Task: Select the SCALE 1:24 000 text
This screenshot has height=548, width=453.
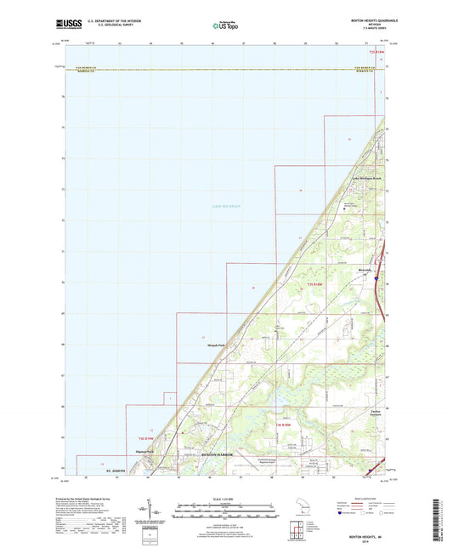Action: [x=226, y=499]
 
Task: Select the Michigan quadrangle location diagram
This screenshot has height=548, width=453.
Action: [x=305, y=508]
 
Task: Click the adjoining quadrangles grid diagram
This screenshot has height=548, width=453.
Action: [x=297, y=531]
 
